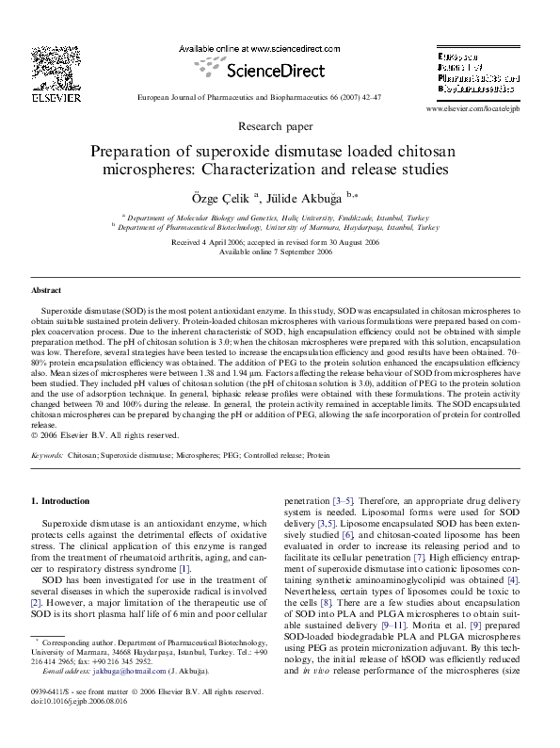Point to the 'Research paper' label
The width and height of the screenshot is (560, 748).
point(280,124)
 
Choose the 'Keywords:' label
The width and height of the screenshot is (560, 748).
point(47,454)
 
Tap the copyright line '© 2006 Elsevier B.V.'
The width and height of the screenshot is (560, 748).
point(104,435)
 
